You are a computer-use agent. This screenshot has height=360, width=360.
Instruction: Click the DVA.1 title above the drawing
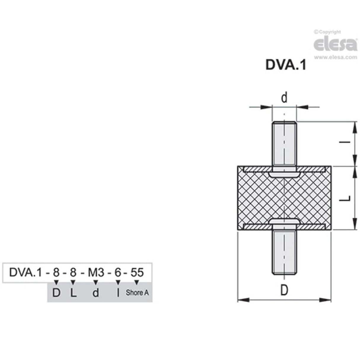click(286, 65)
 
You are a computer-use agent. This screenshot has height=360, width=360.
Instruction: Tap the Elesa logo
click(335, 44)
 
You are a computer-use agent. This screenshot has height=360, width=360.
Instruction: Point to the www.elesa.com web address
click(335, 57)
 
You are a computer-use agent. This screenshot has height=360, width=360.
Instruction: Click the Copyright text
click(328, 32)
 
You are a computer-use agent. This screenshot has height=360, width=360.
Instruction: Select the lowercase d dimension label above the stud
click(284, 98)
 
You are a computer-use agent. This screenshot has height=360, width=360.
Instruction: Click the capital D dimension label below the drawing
click(284, 291)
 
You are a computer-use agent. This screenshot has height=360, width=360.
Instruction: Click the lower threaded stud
click(284, 252)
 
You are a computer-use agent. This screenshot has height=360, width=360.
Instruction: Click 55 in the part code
click(137, 272)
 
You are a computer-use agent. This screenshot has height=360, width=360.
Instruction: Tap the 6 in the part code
click(118, 272)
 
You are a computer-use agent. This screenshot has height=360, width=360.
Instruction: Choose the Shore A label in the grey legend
click(137, 293)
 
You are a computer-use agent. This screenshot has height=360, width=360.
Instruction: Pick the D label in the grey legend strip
click(56, 293)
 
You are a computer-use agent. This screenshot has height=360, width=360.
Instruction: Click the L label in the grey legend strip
click(73, 293)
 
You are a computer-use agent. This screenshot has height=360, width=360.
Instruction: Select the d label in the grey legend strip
click(95, 293)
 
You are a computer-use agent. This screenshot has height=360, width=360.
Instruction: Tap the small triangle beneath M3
click(96, 281)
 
